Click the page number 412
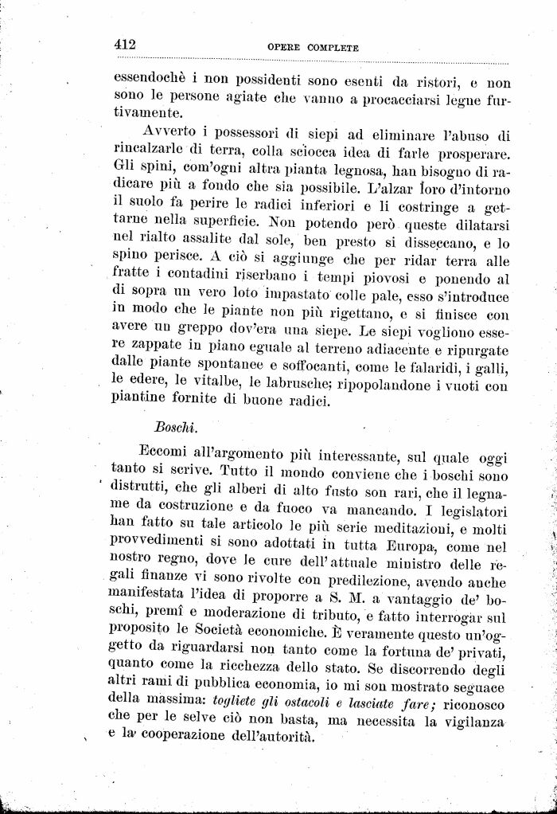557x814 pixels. tap(125, 45)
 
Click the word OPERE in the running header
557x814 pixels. tap(283, 48)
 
